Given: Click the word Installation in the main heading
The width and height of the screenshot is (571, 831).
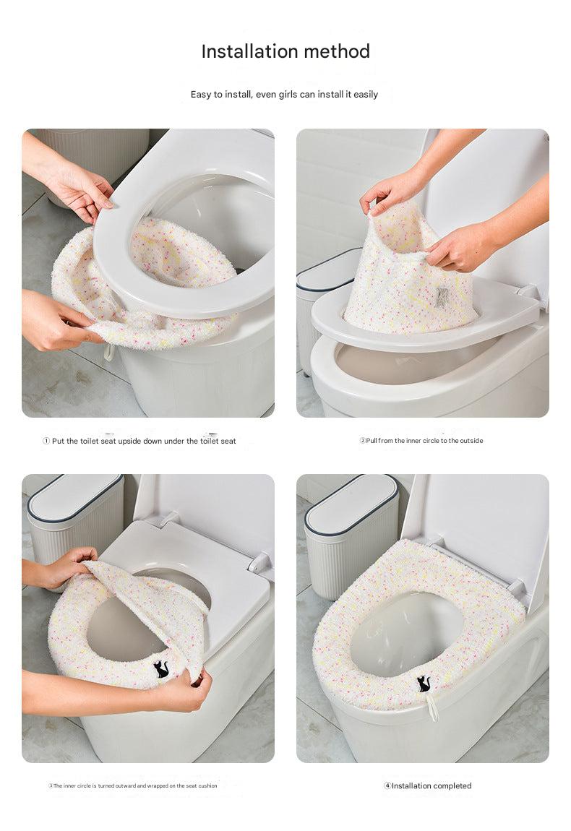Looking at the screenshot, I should click(x=247, y=51).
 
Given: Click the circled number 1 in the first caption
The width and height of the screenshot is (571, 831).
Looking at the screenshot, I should click(x=46, y=441).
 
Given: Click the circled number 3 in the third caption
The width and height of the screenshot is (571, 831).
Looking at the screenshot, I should click(x=51, y=785).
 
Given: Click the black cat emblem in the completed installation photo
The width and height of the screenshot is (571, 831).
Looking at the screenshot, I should click(x=424, y=682).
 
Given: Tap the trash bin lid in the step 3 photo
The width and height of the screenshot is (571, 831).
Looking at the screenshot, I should click(x=74, y=498).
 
